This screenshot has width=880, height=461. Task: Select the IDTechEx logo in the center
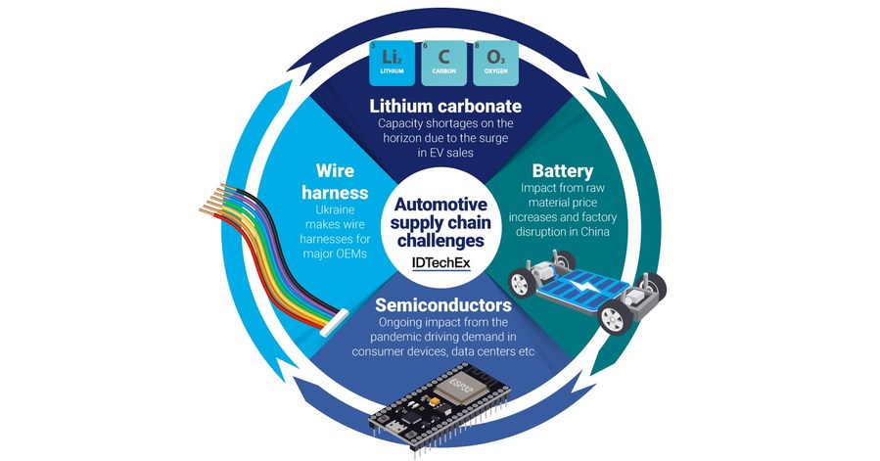(440, 260)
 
